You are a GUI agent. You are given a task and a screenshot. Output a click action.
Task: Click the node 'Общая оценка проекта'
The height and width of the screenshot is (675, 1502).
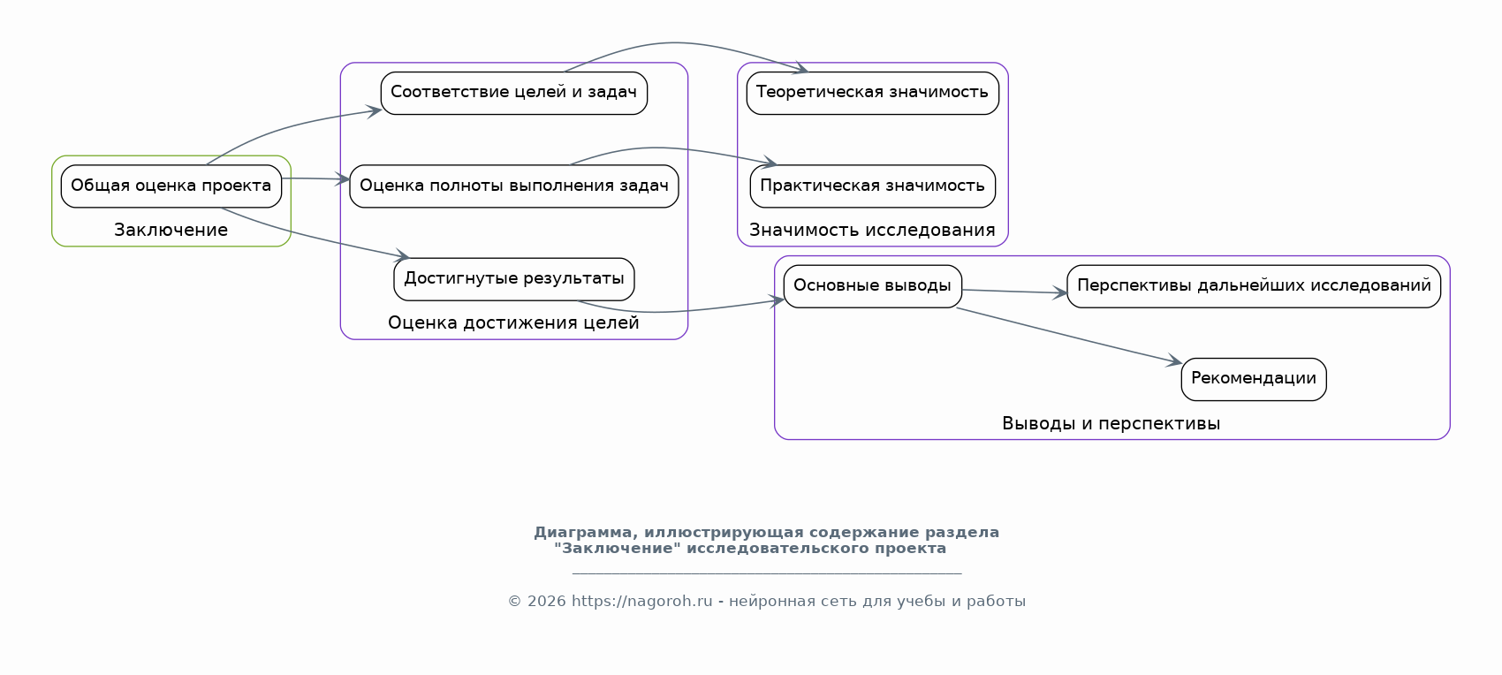point(171,186)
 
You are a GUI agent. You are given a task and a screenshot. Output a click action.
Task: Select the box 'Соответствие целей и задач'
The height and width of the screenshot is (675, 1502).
point(513,93)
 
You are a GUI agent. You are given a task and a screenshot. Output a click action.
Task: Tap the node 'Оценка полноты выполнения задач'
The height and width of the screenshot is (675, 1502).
point(513,186)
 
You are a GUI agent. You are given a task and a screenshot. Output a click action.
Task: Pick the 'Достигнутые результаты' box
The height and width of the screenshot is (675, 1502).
point(513,279)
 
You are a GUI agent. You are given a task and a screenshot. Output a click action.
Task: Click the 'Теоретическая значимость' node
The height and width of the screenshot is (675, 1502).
point(872,93)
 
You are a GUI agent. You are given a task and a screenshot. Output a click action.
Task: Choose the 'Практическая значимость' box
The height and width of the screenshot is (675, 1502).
point(872,186)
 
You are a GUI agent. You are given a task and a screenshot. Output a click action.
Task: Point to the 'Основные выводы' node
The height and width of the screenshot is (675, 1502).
point(872,286)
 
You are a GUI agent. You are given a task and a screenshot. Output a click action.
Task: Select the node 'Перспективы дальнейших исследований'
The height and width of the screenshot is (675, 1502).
point(1253,286)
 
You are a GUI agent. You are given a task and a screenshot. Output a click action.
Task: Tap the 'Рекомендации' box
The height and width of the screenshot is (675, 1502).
point(1253,379)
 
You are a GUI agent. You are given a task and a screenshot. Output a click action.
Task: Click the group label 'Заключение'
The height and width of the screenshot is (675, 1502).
point(171,230)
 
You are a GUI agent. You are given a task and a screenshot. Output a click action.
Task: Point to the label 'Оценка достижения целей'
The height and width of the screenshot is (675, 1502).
point(513,323)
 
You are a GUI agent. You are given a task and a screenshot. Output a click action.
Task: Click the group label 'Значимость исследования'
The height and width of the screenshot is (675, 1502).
point(872,230)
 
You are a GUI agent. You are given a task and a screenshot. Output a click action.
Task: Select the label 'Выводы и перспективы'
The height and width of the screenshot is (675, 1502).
point(1111,423)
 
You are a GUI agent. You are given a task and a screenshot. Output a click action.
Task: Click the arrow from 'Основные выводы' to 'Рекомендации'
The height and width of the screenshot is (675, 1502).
point(1069,336)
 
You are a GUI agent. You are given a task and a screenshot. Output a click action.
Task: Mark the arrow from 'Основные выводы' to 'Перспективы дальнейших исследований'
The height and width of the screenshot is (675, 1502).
point(1014,292)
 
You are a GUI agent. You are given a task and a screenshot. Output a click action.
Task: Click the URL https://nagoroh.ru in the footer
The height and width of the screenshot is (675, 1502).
point(641,602)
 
